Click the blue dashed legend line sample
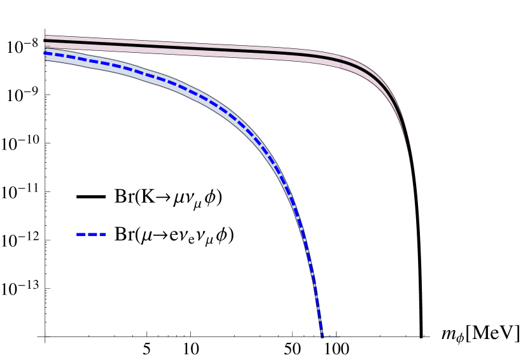point(91,235)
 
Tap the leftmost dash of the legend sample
point(81,235)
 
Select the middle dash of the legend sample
point(93,235)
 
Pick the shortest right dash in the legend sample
point(103,235)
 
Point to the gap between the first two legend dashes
point(87,235)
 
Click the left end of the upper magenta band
point(46,38)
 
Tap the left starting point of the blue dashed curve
point(46,53)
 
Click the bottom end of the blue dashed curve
point(322,335)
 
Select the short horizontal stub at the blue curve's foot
point(331,336)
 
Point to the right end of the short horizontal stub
point(340,336)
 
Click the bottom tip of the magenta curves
point(413,188)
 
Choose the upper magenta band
point(191,45)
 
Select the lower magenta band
point(191,53)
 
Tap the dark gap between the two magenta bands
point(191,48)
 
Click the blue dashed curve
point(159,79)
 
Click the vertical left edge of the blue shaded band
point(45,55)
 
